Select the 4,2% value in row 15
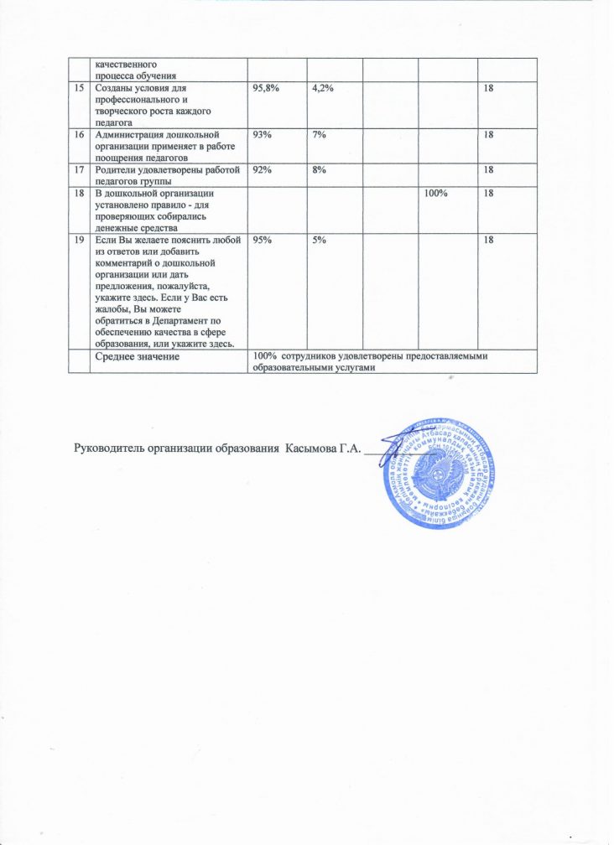[x=322, y=88]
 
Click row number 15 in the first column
[x=80, y=88]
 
